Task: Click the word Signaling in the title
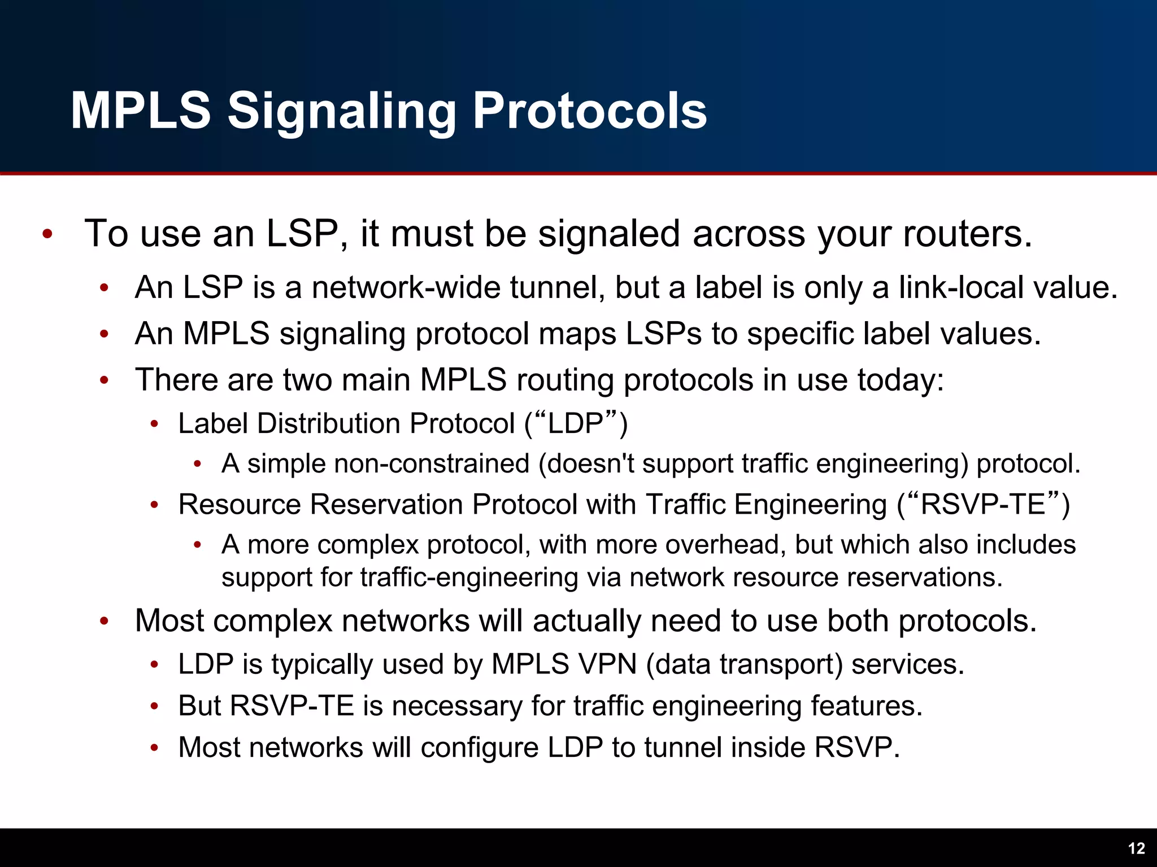pyautogui.click(x=341, y=111)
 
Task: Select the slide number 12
pyautogui.click(x=1136, y=848)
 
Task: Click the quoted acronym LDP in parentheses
pyautogui.click(x=576, y=423)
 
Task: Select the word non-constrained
pyautogui.click(x=432, y=463)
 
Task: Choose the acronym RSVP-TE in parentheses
pyautogui.click(x=983, y=504)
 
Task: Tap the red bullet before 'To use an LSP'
pyautogui.click(x=47, y=234)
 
